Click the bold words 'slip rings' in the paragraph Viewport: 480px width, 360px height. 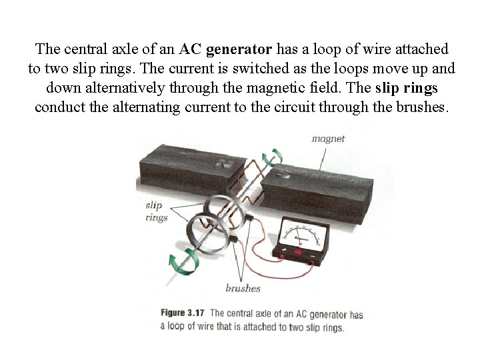(x=407, y=88)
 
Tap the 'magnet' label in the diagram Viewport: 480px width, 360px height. (x=328, y=139)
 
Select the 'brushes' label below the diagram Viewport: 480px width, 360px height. (x=243, y=289)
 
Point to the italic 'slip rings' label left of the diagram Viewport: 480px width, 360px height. (x=157, y=211)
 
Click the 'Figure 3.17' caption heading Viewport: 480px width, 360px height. (x=183, y=314)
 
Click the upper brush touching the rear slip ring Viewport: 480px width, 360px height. (x=247, y=217)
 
